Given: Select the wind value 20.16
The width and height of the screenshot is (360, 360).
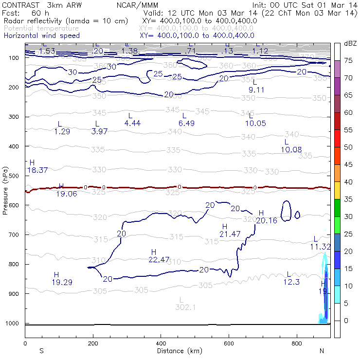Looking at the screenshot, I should [266, 220].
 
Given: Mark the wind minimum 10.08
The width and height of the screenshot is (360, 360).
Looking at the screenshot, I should [291, 149].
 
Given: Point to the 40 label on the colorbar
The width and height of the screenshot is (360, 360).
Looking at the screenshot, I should [348, 182].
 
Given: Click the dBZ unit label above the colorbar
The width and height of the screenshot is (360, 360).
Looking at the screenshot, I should [350, 44].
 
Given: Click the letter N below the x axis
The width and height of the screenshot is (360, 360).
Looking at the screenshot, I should [322, 351].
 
